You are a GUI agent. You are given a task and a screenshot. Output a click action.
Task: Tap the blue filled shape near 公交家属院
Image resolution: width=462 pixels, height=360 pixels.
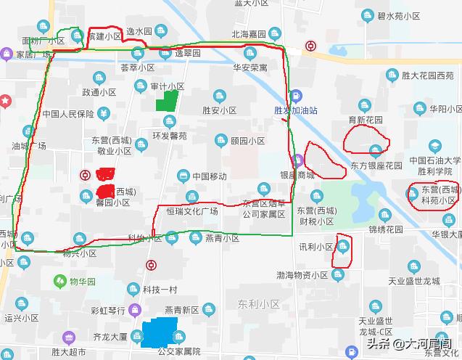coord(160,332)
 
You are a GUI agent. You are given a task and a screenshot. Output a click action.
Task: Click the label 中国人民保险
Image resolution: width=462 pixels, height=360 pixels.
coord(68,114)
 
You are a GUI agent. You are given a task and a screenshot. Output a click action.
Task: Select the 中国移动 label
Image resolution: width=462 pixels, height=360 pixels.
coord(210,176)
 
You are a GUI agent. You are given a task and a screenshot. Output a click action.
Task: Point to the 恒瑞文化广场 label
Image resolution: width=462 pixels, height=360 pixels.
coord(192,211)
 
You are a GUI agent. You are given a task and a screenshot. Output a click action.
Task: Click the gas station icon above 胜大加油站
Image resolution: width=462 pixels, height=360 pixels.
coord(296,96)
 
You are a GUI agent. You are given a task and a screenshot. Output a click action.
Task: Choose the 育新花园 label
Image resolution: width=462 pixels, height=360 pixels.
coord(366,120)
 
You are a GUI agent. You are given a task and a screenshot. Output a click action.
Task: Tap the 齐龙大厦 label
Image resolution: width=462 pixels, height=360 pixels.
coord(91,337)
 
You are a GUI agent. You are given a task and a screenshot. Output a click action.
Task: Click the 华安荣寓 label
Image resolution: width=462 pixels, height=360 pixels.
coord(250,67)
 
